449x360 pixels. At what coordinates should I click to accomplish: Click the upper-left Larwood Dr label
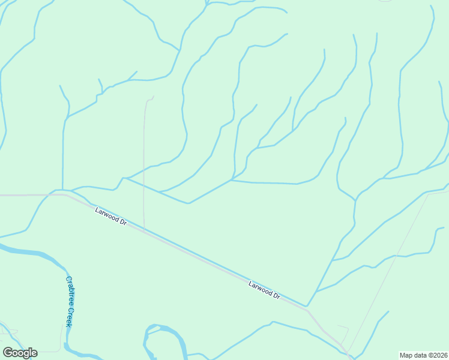(x=111, y=216)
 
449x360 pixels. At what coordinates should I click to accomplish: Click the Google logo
(x=20, y=353)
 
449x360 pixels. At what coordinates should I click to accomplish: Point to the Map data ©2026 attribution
(x=423, y=355)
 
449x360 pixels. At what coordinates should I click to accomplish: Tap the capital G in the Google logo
(x=8, y=353)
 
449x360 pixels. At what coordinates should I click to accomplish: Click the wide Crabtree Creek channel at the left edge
(x=12, y=247)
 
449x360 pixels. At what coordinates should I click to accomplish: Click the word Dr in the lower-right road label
(x=276, y=295)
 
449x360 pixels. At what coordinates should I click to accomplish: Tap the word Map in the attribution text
(x=407, y=355)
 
